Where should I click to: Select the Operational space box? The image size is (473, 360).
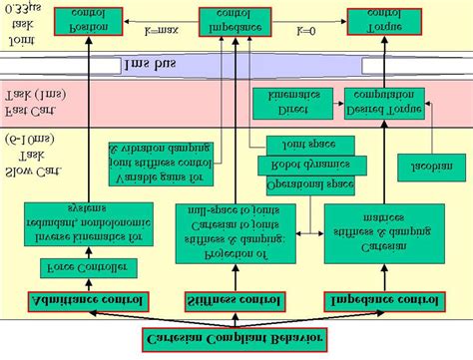(310, 185)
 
